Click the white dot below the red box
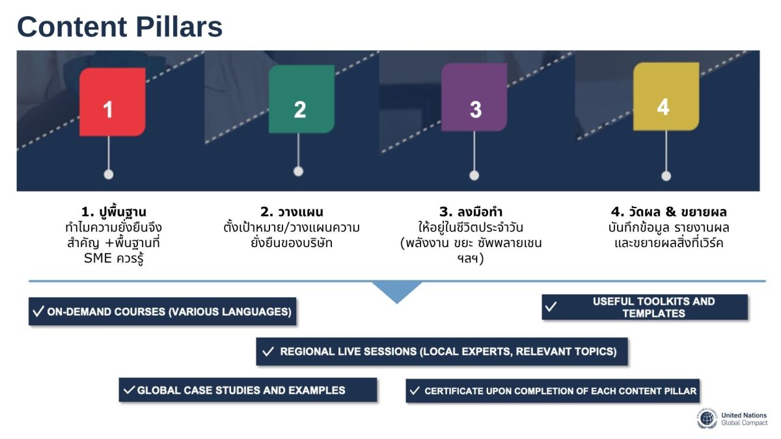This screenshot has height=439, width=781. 109,174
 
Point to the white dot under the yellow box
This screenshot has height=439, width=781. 666,176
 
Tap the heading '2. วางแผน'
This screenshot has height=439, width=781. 292,212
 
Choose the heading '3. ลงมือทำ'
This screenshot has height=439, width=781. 471,212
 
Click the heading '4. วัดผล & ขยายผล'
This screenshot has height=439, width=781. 668,212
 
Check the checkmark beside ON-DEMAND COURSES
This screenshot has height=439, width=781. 38,312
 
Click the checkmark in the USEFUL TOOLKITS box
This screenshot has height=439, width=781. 551,307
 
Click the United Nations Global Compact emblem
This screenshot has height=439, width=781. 707,419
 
